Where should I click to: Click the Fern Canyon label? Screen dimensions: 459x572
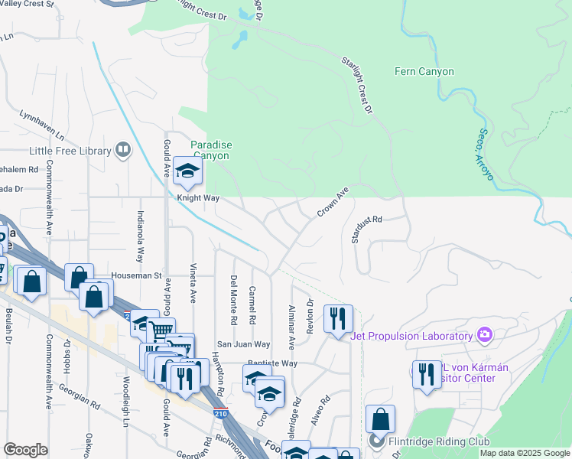[424, 72]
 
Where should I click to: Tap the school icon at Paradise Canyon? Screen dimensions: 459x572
[186, 172]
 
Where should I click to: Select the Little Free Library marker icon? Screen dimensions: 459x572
[122, 150]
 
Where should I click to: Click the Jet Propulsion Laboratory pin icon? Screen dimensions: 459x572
[483, 335]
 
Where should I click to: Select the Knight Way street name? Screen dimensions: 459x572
[198, 198]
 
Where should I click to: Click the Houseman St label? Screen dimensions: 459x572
[138, 275]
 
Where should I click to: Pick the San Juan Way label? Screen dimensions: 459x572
[242, 344]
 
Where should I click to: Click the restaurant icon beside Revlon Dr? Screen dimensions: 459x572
[338, 317]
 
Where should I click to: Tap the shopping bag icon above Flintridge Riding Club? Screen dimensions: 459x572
[380, 419]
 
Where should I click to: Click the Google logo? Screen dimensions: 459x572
[26, 449]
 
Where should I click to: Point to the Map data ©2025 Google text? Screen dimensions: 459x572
[525, 453]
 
